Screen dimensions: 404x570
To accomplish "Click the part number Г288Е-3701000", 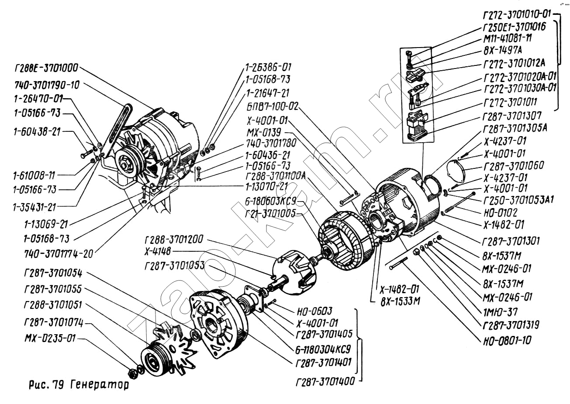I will (x=46, y=68).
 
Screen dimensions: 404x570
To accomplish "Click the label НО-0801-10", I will (x=507, y=340).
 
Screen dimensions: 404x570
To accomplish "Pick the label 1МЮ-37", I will (x=500, y=312).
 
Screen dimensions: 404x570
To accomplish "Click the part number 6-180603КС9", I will (x=271, y=201).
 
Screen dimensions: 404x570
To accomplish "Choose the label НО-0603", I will (x=314, y=311).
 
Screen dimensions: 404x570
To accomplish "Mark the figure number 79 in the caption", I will (x=59, y=385).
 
